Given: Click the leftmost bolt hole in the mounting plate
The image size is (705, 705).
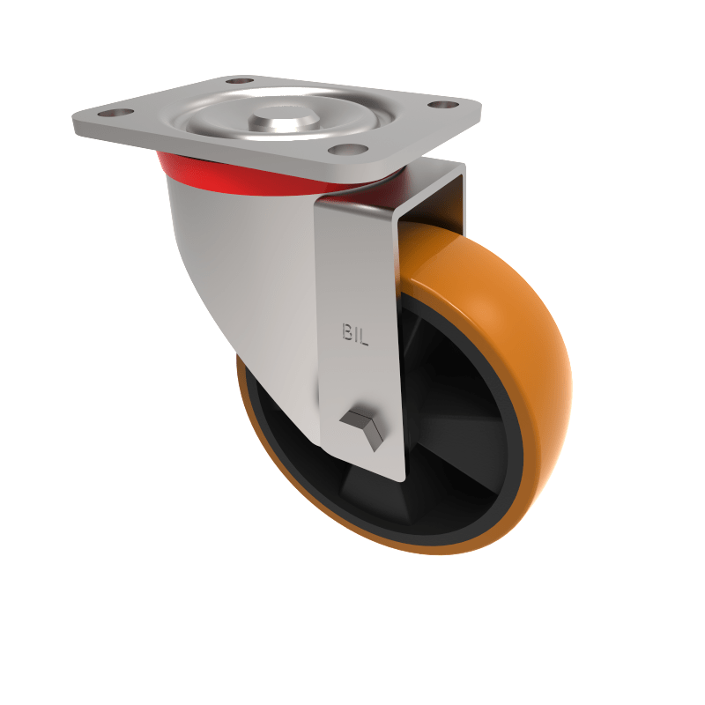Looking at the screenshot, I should click(x=113, y=114).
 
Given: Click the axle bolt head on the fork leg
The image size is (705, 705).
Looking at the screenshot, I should click(x=363, y=427).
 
